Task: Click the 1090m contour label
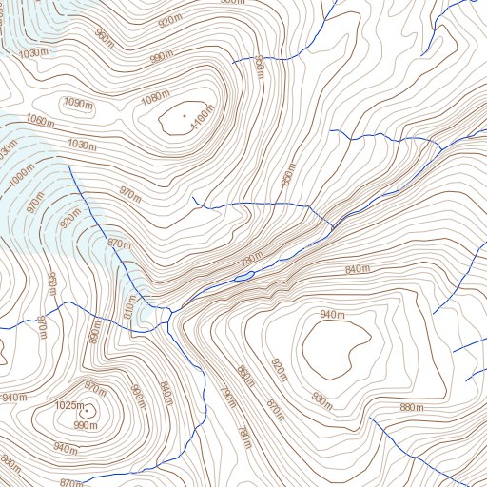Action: (78, 103)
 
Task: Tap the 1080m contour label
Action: (153, 98)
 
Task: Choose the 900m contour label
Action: (136, 392)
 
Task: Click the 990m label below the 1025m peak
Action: (86, 425)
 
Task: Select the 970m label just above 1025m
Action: (95, 387)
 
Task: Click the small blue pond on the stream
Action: (243, 277)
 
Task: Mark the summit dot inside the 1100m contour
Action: (184, 117)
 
